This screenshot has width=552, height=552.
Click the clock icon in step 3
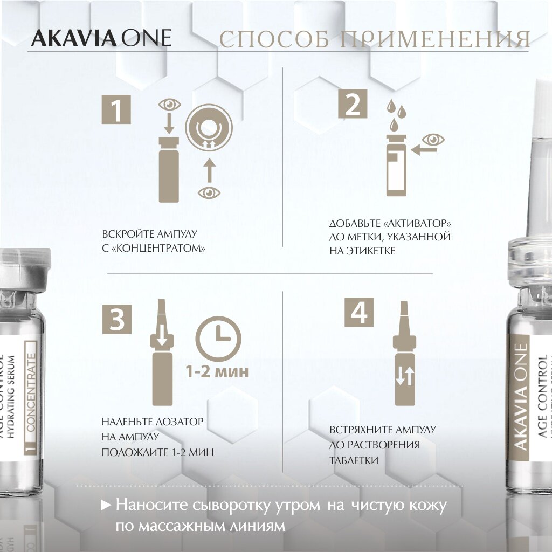pos(218,336)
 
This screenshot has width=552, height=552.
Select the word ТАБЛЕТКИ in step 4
pos(355,460)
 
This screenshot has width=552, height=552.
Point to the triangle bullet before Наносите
pos(106,506)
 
